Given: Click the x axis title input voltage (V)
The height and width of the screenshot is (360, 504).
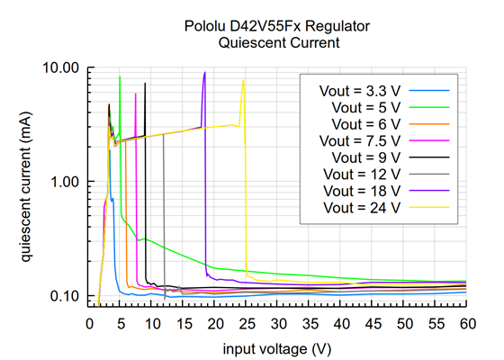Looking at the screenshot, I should click(x=277, y=346).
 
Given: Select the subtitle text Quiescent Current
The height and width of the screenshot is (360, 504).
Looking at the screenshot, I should click(x=277, y=42).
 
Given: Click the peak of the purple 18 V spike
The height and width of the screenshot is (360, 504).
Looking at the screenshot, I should click(x=205, y=73).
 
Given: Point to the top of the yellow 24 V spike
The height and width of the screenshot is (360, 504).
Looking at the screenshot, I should click(x=243, y=79).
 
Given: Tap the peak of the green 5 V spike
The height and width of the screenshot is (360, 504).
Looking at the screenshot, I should click(x=120, y=76).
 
